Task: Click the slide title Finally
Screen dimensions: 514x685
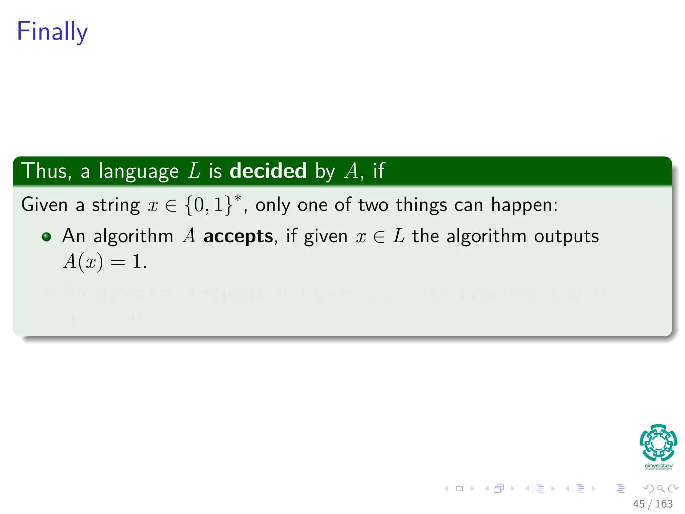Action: pos(52,31)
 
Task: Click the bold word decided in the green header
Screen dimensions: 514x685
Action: pos(268,171)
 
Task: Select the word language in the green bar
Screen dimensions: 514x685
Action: pos(139,171)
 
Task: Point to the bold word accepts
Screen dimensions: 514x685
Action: pos(238,236)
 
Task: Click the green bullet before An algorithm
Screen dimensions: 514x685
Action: pos(46,237)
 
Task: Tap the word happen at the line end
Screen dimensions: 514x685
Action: pos(524,205)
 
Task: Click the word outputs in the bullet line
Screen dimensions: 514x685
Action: pos(566,236)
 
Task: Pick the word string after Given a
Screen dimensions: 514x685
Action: pos(116,205)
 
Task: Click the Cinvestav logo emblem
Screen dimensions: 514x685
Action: pos(658,442)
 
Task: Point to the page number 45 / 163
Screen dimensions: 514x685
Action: pos(653,504)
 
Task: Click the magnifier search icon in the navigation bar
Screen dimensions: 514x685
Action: pos(661,489)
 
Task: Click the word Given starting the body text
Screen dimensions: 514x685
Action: pos(44,204)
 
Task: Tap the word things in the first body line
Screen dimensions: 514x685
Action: pos(421,205)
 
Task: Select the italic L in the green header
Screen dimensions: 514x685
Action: pos(194,171)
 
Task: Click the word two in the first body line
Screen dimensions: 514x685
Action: pos(373,205)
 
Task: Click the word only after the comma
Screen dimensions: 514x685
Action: pos(273,205)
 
